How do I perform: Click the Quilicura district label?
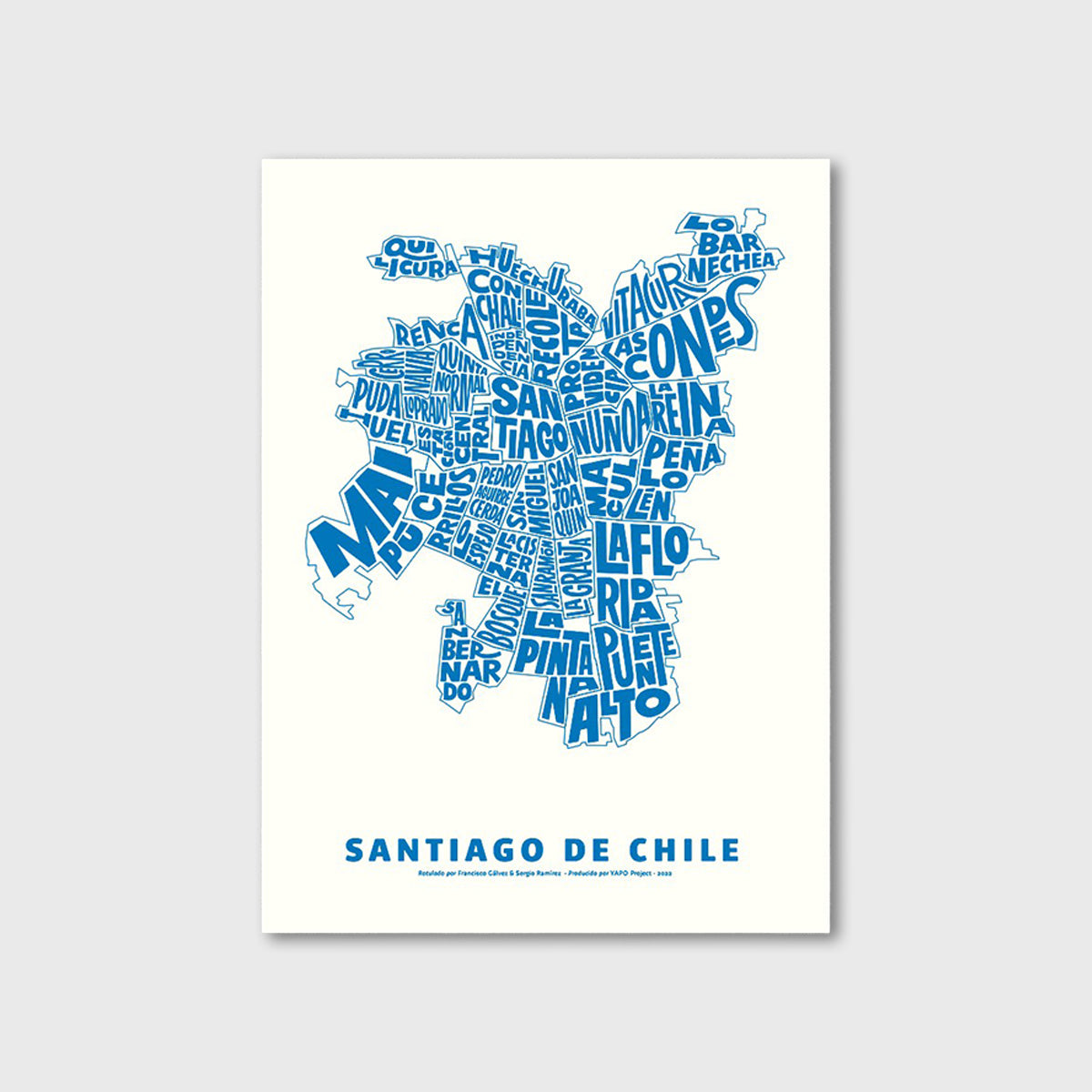click(x=419, y=258)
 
